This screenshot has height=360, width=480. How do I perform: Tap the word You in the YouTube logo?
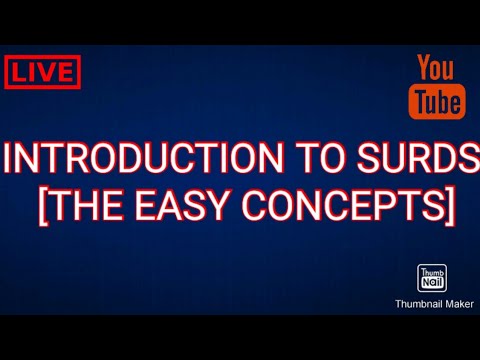tap(435, 69)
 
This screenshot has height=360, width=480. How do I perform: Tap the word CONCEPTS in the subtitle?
tap(343, 205)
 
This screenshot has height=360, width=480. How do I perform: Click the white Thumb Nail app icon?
tap(430, 279)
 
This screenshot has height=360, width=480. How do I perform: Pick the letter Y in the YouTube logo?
tap(424, 69)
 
